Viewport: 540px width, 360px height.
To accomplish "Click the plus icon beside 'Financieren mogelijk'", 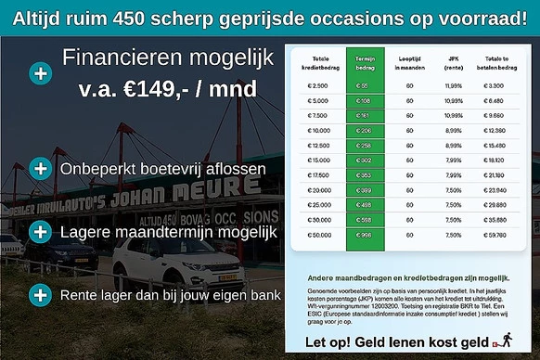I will tap(41, 72).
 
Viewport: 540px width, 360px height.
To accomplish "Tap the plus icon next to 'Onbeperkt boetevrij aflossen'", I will tap(41, 169).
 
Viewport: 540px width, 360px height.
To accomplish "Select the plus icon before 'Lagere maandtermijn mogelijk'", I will tap(41, 230).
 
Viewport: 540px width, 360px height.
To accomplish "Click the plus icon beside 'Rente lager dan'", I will tap(41, 296).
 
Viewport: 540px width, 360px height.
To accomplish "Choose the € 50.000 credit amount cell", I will tap(317, 234).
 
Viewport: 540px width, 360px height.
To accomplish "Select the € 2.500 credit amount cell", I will tap(317, 84).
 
